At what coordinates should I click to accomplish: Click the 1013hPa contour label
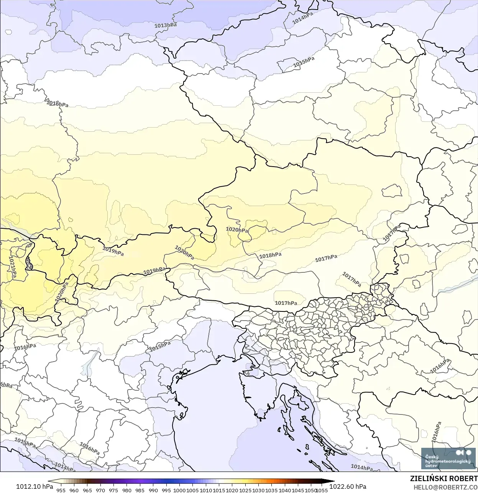click(x=166, y=25)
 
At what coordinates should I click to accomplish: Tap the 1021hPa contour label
click(x=12, y=267)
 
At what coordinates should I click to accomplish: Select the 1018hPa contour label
click(x=270, y=255)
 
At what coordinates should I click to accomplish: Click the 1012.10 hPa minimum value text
click(x=34, y=486)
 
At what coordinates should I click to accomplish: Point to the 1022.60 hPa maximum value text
click(x=348, y=486)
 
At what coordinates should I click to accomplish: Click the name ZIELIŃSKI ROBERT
click(x=444, y=478)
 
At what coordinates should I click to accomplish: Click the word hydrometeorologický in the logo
click(x=448, y=461)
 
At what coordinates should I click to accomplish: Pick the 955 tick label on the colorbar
click(x=61, y=490)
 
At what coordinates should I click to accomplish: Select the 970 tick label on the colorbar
click(x=100, y=490)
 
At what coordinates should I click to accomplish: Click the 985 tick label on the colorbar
click(x=140, y=490)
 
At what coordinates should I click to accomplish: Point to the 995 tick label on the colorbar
click(x=166, y=490)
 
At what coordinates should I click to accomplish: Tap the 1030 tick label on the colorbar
click(x=258, y=490)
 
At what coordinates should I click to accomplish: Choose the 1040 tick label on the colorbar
click(x=285, y=490)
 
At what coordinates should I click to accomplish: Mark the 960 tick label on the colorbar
click(x=74, y=490)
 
